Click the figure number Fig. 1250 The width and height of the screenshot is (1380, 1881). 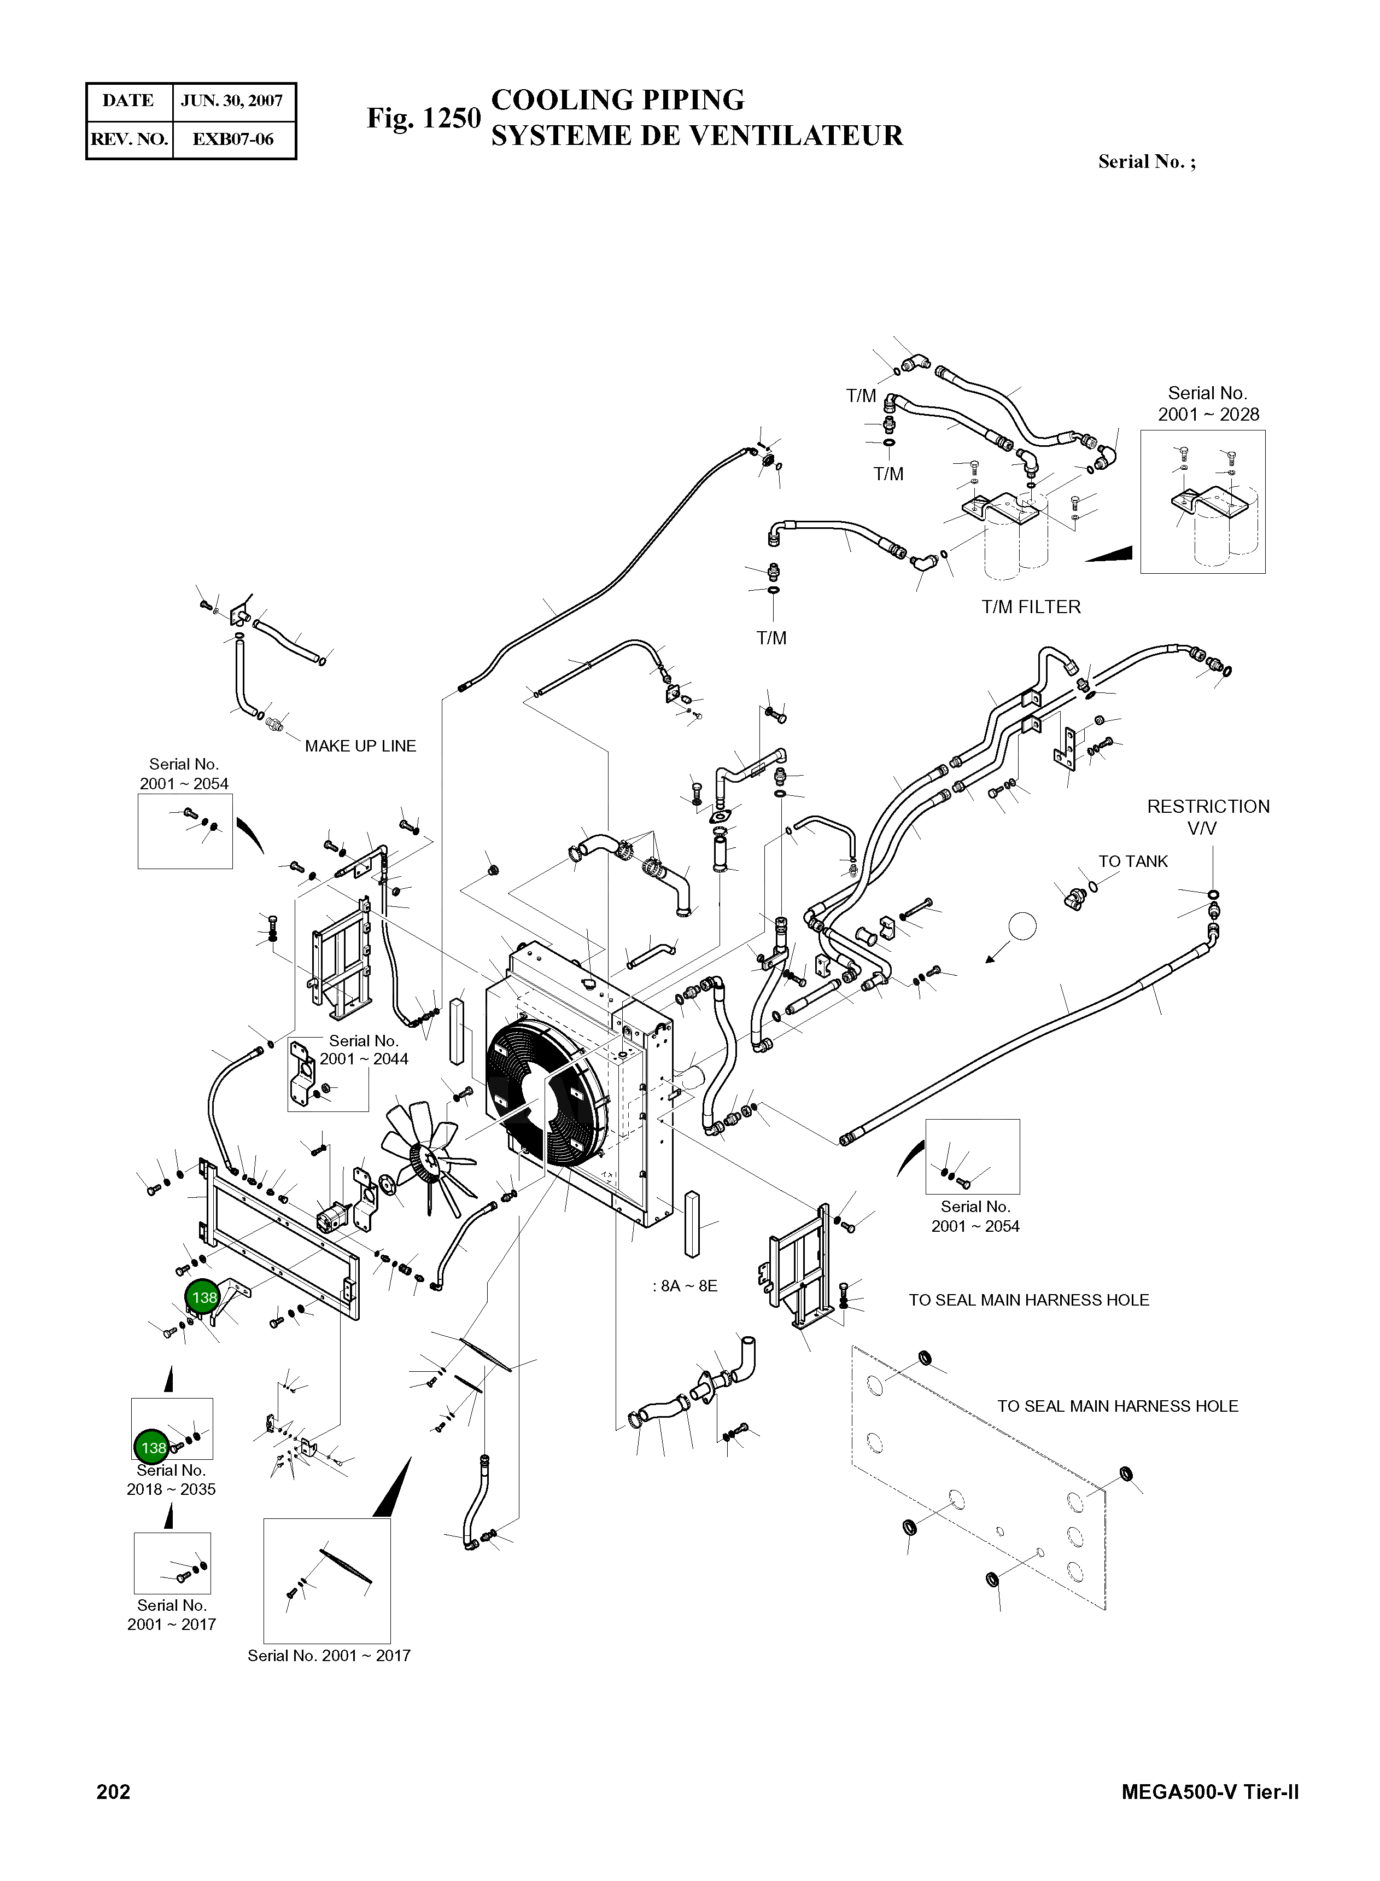424,119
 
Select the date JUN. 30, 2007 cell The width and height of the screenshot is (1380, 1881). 232,101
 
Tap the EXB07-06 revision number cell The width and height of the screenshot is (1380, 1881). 232,139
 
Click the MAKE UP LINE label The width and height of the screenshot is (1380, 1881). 360,746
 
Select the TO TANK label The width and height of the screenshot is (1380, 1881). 1133,861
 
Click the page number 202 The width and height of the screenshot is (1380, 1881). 114,1792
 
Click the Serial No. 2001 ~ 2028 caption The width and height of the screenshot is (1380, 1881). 1208,404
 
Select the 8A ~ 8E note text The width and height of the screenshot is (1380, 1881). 685,1286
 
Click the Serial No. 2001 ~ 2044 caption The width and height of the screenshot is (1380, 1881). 364,1050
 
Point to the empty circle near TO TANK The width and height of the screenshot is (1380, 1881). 1022,926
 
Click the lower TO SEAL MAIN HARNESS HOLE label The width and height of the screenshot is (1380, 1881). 1117,1406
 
